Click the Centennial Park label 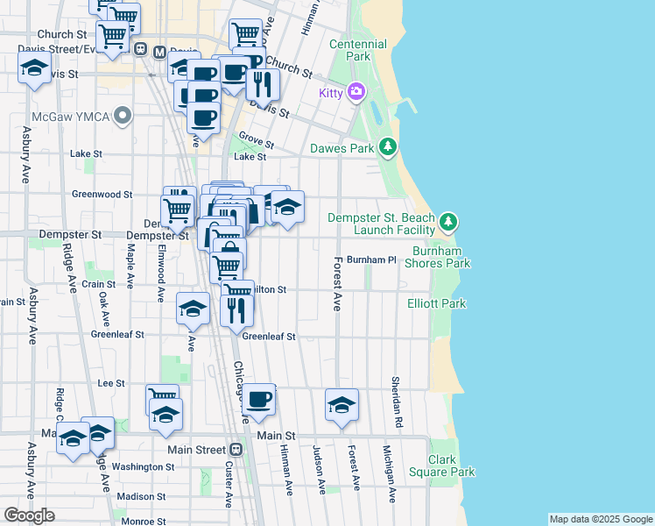[357, 50]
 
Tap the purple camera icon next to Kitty [356, 91]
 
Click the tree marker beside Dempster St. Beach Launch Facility [448, 220]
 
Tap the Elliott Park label [437, 303]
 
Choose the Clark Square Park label [451, 466]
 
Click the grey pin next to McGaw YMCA [123, 115]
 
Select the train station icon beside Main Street [236, 450]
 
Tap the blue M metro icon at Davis [159, 51]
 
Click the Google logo [30, 515]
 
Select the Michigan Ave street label [388, 473]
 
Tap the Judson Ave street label [318, 468]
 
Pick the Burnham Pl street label [372, 260]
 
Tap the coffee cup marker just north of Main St [258, 400]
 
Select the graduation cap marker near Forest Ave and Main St [342, 405]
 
